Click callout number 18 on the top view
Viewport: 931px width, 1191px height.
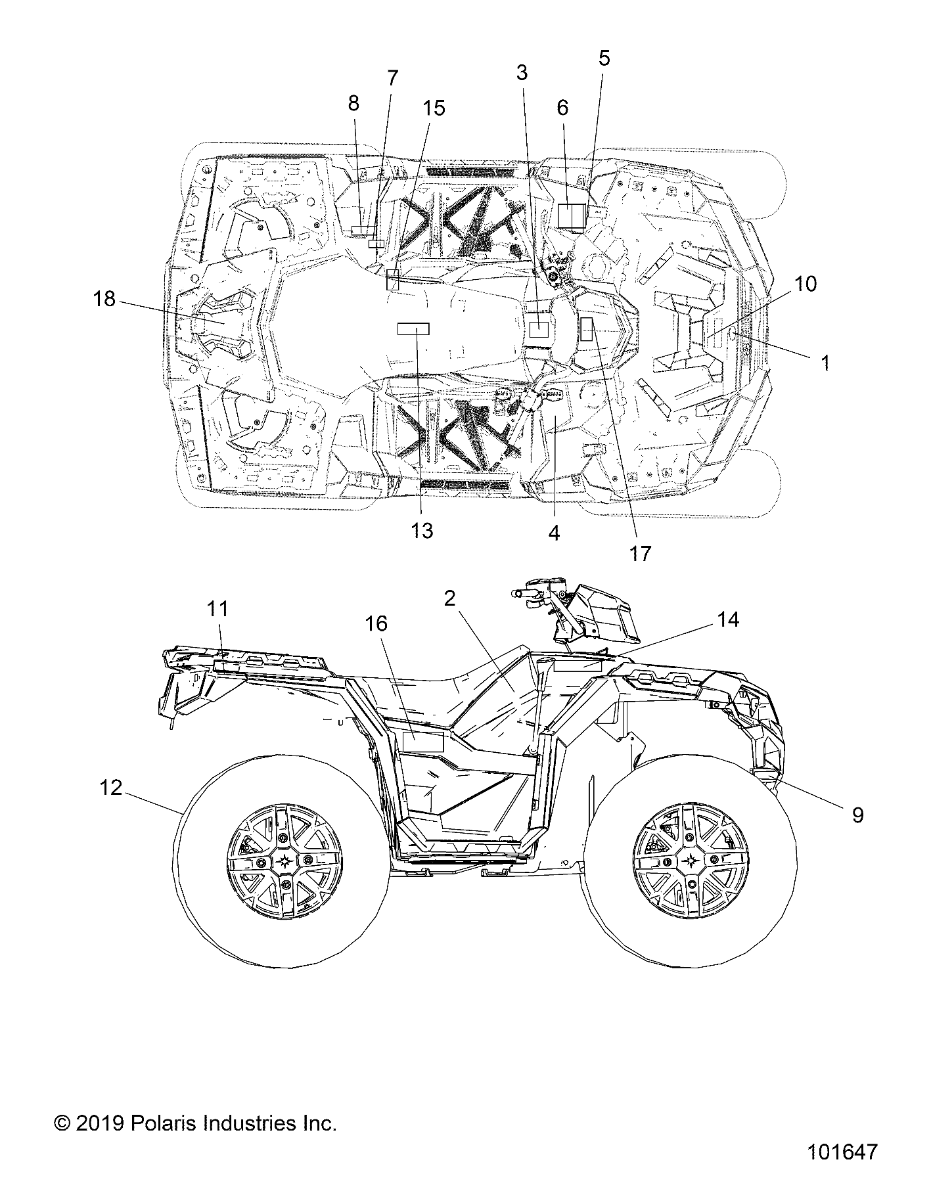pos(104,300)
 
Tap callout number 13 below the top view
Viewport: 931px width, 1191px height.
pos(422,530)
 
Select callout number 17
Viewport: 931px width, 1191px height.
pos(640,553)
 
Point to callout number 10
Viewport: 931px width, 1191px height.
pos(806,284)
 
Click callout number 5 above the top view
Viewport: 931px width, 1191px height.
pos(604,58)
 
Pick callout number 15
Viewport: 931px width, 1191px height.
pos(434,107)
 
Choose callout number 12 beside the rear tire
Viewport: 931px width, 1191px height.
pos(111,787)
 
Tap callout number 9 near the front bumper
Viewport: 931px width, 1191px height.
pos(857,815)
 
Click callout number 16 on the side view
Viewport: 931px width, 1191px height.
pos(376,623)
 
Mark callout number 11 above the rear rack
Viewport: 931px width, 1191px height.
pos(217,609)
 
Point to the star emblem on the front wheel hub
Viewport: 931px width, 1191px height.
pos(691,861)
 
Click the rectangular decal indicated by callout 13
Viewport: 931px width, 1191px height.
pos(414,329)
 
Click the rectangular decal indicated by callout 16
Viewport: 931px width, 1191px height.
pos(423,742)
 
